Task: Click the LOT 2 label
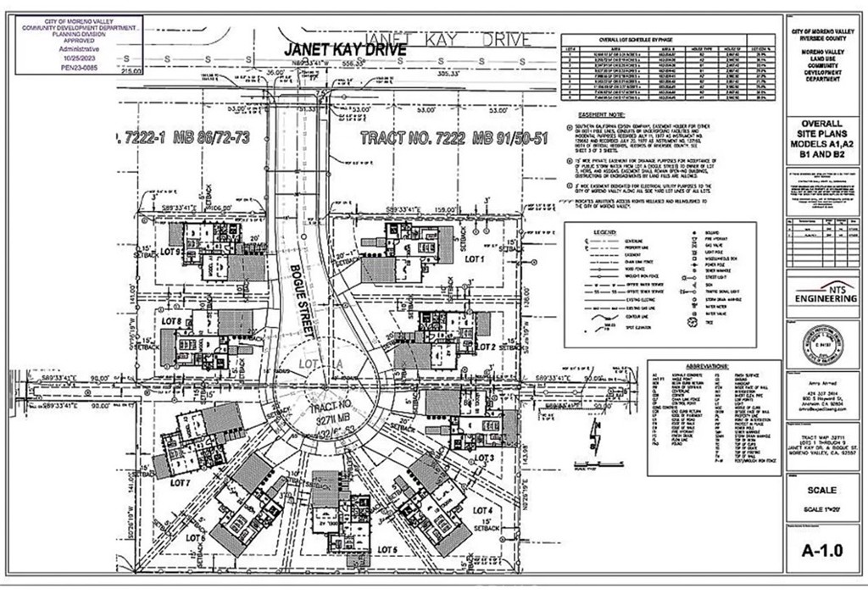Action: click(x=486, y=347)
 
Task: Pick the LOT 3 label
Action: click(x=484, y=457)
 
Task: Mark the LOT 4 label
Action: click(x=482, y=509)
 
